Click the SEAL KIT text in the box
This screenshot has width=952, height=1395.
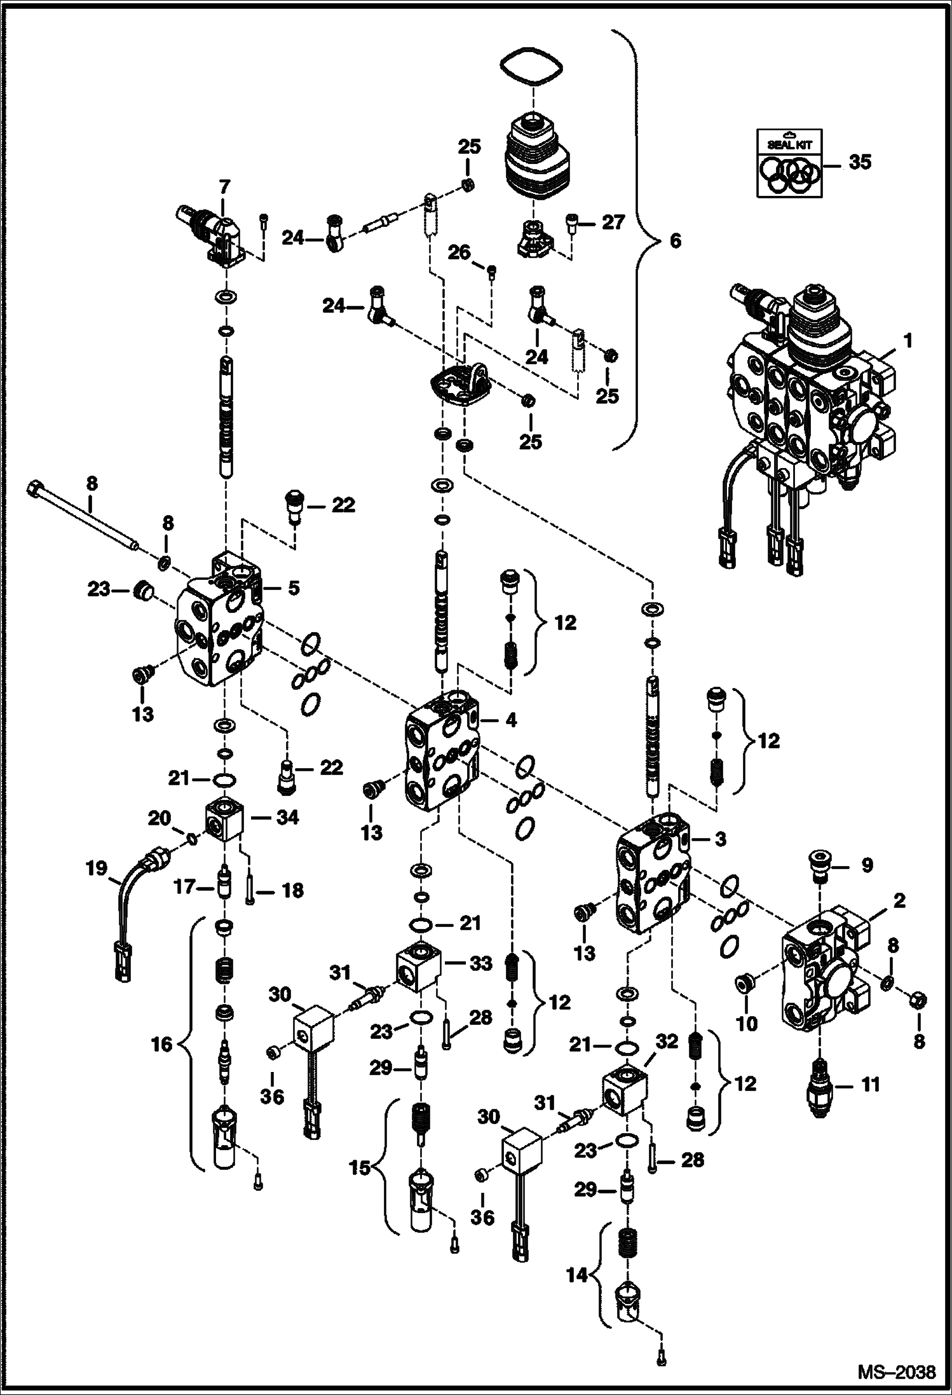point(789,144)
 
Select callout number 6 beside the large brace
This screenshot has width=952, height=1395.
point(675,241)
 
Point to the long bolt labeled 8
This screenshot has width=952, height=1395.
point(83,512)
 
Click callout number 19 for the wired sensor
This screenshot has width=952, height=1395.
point(97,868)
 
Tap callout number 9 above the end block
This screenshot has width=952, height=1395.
point(867,865)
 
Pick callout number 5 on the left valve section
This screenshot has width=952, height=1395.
point(293,588)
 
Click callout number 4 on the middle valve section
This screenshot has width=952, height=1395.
point(511,720)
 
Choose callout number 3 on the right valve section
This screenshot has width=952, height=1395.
point(720,839)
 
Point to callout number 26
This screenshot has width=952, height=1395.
point(459,253)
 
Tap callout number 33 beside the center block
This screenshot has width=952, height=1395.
point(480,964)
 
